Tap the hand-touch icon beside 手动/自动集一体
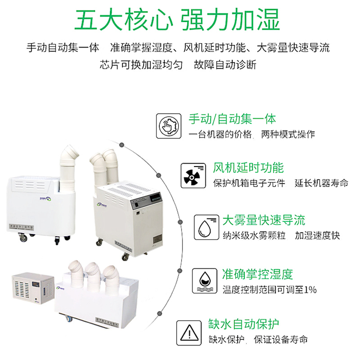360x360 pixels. tap(170, 126)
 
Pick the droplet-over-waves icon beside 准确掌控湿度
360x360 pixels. tap(205, 281)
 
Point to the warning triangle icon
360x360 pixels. tap(189, 332)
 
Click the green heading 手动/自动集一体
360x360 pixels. tap(232, 119)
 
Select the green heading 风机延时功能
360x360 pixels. tap(248, 168)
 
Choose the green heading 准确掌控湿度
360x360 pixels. tap(257, 274)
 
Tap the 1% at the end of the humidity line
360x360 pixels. tap(310, 289)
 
